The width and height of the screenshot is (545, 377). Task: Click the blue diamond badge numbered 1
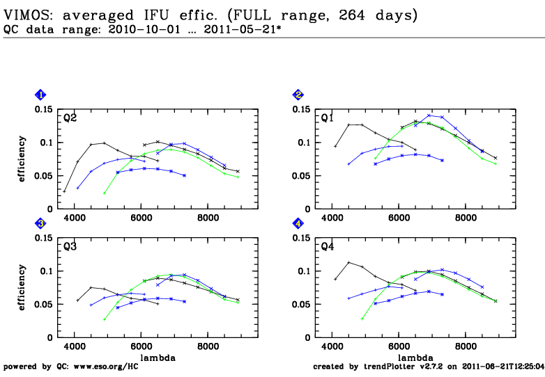41,95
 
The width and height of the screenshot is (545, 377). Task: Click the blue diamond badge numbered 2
298,95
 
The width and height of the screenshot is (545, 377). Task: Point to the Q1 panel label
327,118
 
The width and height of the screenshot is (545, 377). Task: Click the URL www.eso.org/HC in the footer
109,366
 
